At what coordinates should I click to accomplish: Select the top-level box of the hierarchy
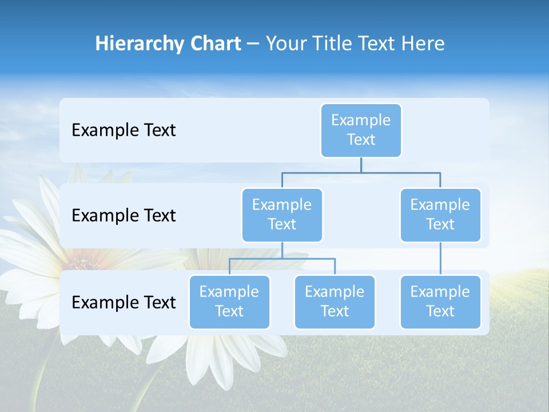click(x=361, y=130)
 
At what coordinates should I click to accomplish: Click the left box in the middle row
click(x=282, y=215)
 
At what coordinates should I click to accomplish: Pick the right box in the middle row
click(x=440, y=215)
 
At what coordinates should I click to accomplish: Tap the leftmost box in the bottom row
click(x=229, y=302)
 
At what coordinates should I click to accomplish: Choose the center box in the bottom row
click(x=335, y=302)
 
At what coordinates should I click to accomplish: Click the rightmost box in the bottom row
click(x=440, y=302)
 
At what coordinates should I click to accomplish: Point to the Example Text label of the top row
click(x=124, y=130)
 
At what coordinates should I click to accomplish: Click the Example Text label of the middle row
click(x=124, y=216)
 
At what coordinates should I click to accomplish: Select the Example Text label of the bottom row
click(x=124, y=303)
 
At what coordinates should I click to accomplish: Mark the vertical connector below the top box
click(x=361, y=165)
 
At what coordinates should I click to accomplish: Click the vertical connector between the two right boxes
click(x=440, y=259)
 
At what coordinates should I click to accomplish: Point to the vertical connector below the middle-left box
click(x=282, y=250)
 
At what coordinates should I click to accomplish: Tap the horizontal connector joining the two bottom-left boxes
click(x=282, y=259)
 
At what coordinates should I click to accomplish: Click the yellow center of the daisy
click(x=84, y=265)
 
